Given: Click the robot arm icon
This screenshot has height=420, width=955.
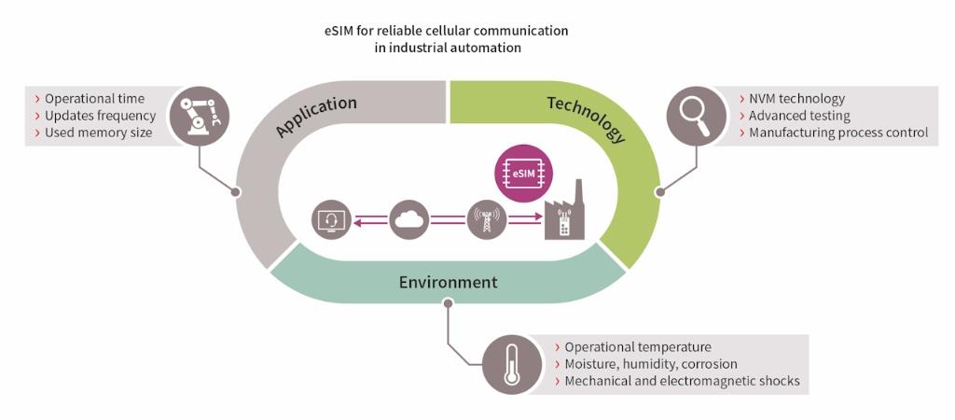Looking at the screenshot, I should [200, 116].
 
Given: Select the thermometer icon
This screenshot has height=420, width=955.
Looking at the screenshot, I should [511, 363].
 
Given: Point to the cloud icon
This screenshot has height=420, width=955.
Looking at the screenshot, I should [411, 221].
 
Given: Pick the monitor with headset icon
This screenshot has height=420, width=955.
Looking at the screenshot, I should [333, 221].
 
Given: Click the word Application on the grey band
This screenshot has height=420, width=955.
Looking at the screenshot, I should [316, 117].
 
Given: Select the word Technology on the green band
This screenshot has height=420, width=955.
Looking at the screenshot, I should [586, 117].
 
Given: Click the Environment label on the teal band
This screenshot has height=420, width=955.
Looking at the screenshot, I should [449, 282].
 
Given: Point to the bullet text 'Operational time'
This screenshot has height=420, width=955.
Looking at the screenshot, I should [94, 99].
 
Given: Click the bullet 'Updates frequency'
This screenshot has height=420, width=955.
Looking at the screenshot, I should [100, 116].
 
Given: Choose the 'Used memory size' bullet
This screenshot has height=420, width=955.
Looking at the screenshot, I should [98, 133].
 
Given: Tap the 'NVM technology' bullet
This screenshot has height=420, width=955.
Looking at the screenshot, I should [797, 99].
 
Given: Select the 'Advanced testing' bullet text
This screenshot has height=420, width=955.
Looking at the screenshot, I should [799, 116].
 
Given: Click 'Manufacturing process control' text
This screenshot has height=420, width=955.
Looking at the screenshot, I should [838, 133].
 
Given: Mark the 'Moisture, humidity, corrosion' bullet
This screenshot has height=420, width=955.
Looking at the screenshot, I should [651, 364].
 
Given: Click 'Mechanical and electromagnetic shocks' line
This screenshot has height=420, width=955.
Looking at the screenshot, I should [682, 381].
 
